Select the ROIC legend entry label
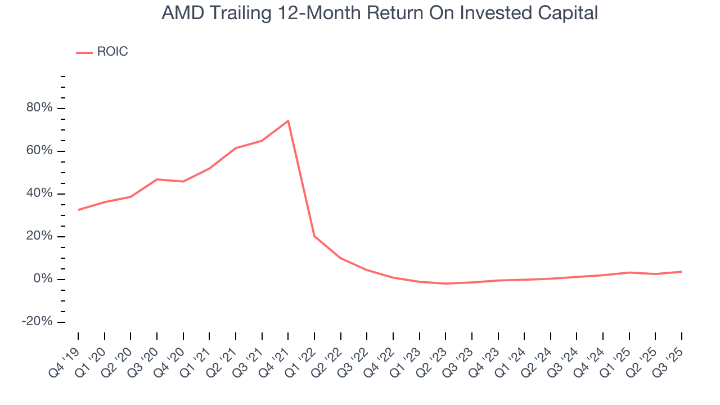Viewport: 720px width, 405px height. tap(112, 52)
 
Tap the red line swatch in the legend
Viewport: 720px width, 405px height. tap(84, 52)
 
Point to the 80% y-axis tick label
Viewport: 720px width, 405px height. tap(39, 108)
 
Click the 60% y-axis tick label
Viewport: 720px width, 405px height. tap(39, 151)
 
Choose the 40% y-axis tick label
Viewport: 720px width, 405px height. tap(39, 193)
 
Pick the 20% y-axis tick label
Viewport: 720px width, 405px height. tap(39, 236)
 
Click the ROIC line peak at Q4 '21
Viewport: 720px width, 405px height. tap(288, 120)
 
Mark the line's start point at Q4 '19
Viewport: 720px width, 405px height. tap(78, 210)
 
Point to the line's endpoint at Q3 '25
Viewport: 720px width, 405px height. tap(682, 272)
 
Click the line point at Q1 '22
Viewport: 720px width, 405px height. tap(314, 236)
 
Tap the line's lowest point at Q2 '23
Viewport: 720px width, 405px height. tap(445, 283)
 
